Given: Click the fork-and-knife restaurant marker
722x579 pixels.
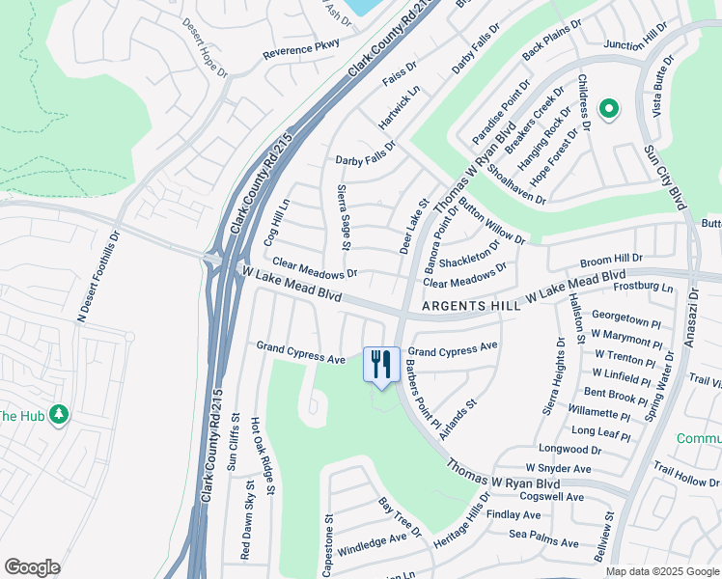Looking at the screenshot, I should [381, 365].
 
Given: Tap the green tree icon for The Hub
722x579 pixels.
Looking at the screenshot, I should [60, 414].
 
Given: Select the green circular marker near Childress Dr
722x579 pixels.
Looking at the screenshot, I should [609, 110].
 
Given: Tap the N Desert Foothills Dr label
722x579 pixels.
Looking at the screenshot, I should [98, 276].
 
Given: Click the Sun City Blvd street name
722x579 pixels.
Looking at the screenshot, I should [663, 179].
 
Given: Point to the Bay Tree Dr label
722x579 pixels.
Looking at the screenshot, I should [400, 518].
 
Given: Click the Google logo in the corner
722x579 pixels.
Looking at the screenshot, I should [32, 567].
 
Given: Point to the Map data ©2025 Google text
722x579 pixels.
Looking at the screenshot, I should [661, 571].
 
